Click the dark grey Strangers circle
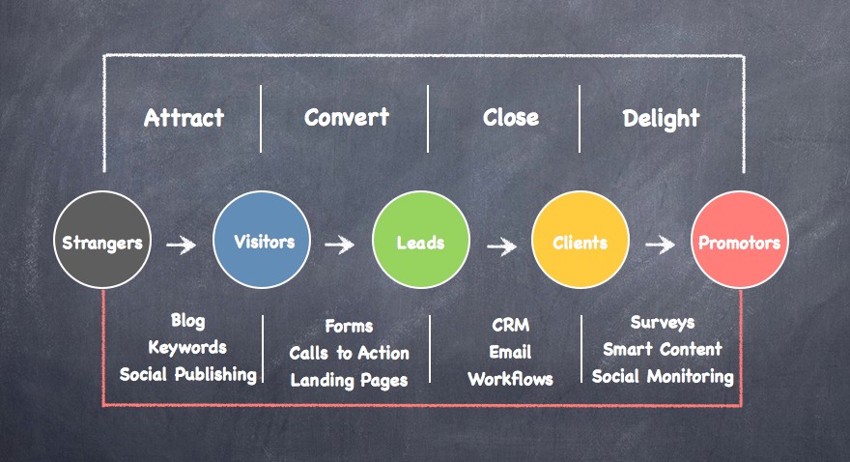coord(101,242)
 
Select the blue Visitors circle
coord(262,242)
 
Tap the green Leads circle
coord(421,242)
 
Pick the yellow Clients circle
coord(580,242)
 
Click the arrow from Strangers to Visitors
coord(181,245)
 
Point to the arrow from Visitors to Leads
coord(339,245)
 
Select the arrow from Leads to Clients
coord(501,245)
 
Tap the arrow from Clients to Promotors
coord(660,245)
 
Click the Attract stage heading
coord(184,118)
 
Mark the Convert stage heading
coord(346,117)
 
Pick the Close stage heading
coord(511,117)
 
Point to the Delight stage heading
coord(661,119)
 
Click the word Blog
coord(187,320)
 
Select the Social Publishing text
coord(188,374)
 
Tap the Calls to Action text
coord(349,353)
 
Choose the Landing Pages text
coord(349,380)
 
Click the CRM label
coord(510,326)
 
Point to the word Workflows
coord(510,379)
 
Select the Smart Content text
coord(662,349)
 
